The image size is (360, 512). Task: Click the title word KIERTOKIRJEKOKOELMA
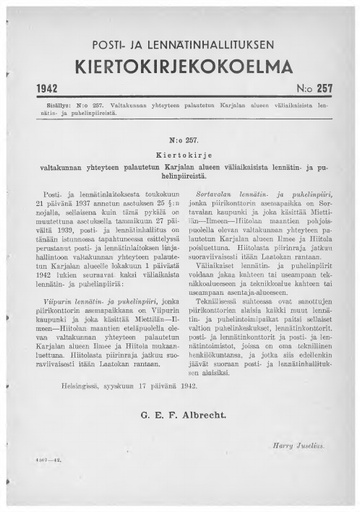pos(180,63)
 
